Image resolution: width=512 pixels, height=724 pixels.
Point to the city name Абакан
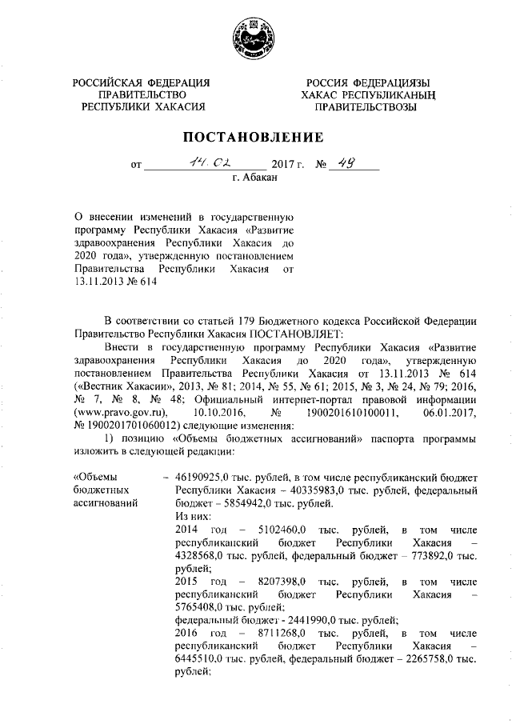pos(255,179)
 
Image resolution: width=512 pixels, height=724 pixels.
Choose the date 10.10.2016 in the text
pos(219,411)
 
